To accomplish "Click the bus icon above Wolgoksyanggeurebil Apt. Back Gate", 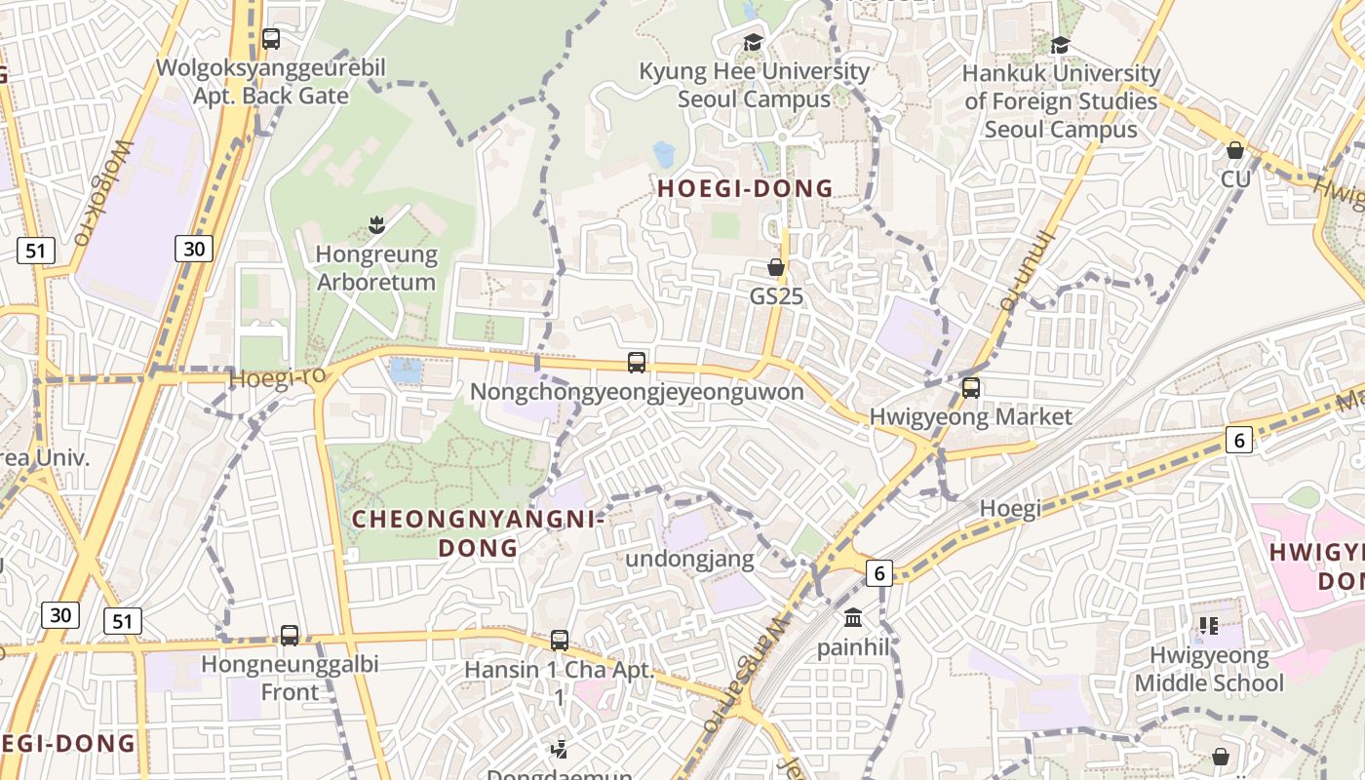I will [271, 40].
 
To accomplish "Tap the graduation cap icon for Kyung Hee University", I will [753, 43].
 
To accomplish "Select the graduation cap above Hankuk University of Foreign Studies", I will [1060, 45].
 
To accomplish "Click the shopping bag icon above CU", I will [1235, 150].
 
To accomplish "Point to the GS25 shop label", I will [776, 295].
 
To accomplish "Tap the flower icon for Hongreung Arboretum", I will [376, 226].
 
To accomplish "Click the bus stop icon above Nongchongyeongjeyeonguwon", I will [637, 363].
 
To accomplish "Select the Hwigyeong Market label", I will [970, 417].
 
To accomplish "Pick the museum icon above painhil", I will [854, 618].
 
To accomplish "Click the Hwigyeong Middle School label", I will [1209, 669].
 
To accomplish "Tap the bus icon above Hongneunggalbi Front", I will [290, 636].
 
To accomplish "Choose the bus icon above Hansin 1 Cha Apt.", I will [560, 641].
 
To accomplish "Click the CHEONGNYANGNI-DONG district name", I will [478, 533].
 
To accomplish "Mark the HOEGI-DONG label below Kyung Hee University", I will [746, 189].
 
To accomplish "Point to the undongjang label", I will [689, 560].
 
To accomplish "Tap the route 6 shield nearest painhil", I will [879, 573].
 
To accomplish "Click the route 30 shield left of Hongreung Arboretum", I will [194, 249].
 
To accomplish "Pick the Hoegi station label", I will [1010, 508].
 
